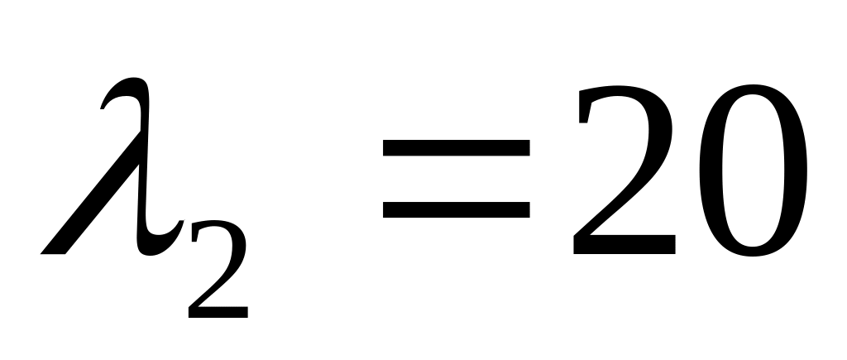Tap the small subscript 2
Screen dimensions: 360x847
click(x=217, y=274)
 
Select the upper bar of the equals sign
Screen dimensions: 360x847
click(x=457, y=148)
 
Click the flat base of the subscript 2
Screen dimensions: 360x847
click(x=218, y=312)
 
